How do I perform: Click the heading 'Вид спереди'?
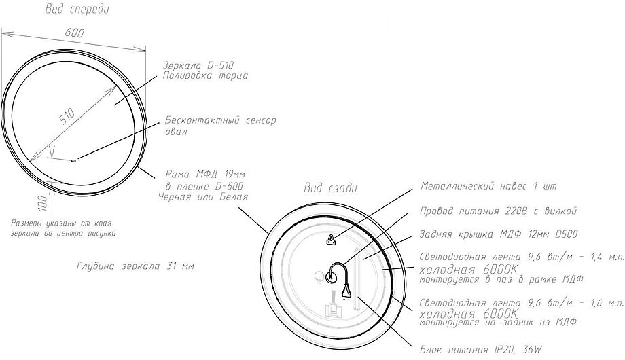pos(76,10)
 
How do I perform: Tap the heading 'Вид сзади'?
pos(329,187)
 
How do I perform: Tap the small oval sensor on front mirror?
pos(73,160)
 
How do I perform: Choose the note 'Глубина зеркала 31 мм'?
pos(135,266)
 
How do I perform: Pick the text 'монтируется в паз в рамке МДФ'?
pos(501,278)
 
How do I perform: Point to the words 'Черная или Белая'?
pos(202,196)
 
